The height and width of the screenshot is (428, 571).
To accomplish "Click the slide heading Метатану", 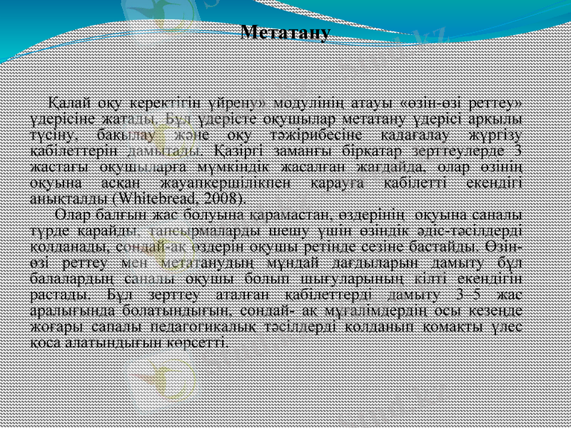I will pyautogui.click(x=285, y=33).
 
